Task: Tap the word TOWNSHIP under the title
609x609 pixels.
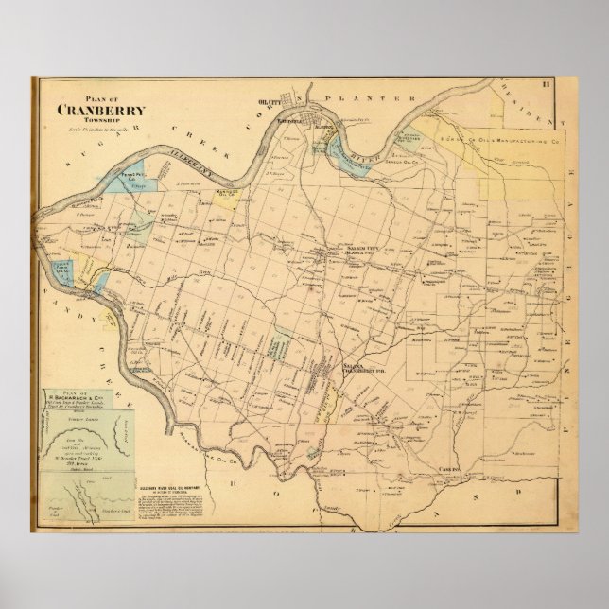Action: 96,120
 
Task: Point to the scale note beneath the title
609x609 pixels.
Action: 96,129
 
